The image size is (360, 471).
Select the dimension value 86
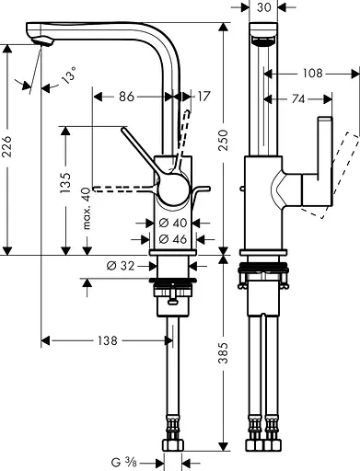[x=126, y=95]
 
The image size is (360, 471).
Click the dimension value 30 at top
[x=264, y=8]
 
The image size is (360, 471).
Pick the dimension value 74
[x=296, y=98]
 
